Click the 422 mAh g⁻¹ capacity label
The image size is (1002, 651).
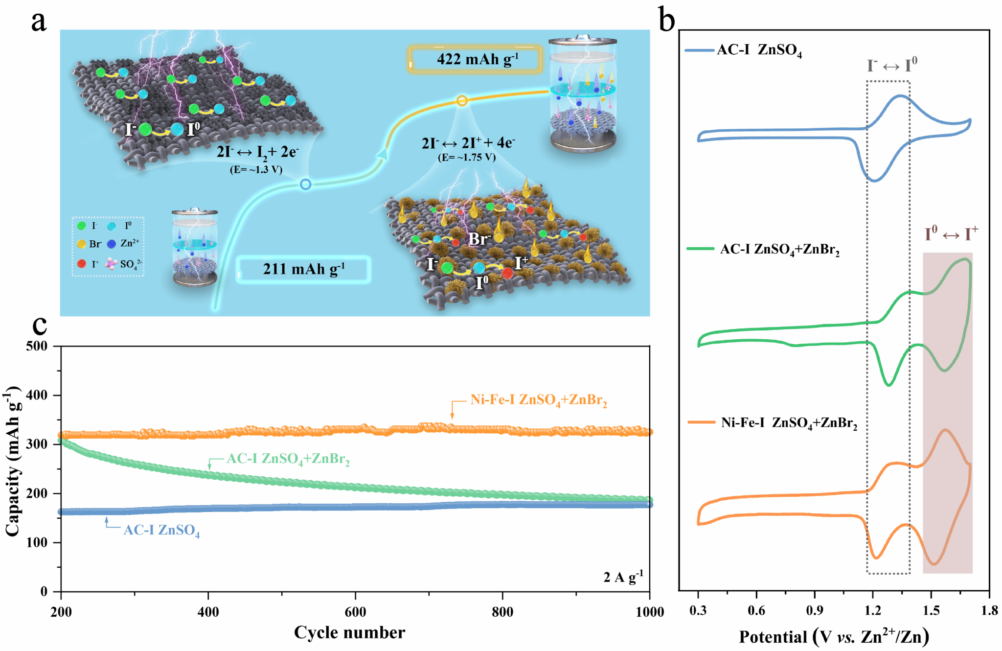(476, 60)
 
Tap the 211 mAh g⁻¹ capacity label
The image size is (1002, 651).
(303, 269)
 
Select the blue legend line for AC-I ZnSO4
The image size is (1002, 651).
(699, 50)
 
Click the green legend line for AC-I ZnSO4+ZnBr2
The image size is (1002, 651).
(700, 249)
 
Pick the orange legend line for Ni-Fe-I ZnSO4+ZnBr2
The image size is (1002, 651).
(701, 422)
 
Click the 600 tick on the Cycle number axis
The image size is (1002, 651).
(355, 612)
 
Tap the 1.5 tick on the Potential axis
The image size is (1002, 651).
(931, 610)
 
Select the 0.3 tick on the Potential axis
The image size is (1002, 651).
(698, 610)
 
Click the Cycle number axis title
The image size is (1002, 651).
(349, 632)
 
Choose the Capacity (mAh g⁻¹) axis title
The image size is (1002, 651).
(13, 461)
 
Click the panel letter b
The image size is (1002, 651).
(667, 21)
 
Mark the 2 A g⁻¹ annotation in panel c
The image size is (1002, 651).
(623, 577)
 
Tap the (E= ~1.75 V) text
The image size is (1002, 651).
(467, 158)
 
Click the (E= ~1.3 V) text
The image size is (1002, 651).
(256, 170)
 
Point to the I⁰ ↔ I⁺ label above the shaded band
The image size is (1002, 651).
(951, 233)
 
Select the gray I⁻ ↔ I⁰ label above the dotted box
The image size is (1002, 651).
(891, 65)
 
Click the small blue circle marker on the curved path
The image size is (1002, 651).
(305, 185)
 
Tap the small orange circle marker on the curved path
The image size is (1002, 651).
(462, 101)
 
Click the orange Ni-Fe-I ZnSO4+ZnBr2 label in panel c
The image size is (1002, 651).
(538, 400)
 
